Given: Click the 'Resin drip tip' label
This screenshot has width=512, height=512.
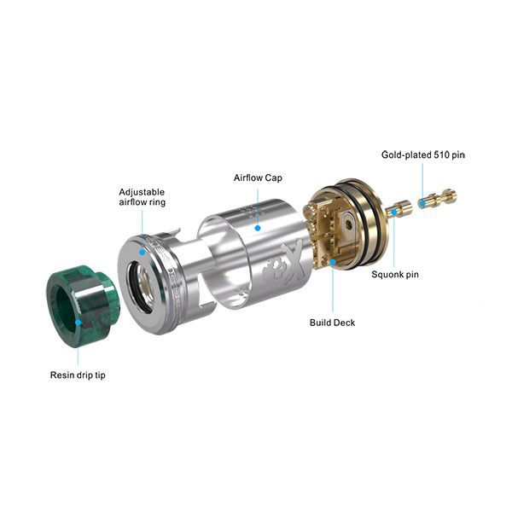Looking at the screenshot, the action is [78, 375].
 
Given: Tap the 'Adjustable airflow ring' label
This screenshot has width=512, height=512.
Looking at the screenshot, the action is [142, 197].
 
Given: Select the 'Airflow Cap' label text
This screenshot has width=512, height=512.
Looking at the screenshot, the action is [258, 178].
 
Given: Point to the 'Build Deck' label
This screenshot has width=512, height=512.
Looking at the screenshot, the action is [332, 323].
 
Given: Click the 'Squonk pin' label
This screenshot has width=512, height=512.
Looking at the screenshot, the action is [395, 275].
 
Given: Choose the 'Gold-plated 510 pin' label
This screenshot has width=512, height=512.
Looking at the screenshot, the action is [423, 154].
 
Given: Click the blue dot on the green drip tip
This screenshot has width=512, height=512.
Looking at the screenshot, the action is [79, 323].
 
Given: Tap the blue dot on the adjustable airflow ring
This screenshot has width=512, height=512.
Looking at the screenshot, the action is [142, 252].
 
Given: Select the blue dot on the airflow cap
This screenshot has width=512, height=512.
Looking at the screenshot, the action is [258, 228].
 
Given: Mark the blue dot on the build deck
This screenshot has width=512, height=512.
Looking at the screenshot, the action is [333, 262].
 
